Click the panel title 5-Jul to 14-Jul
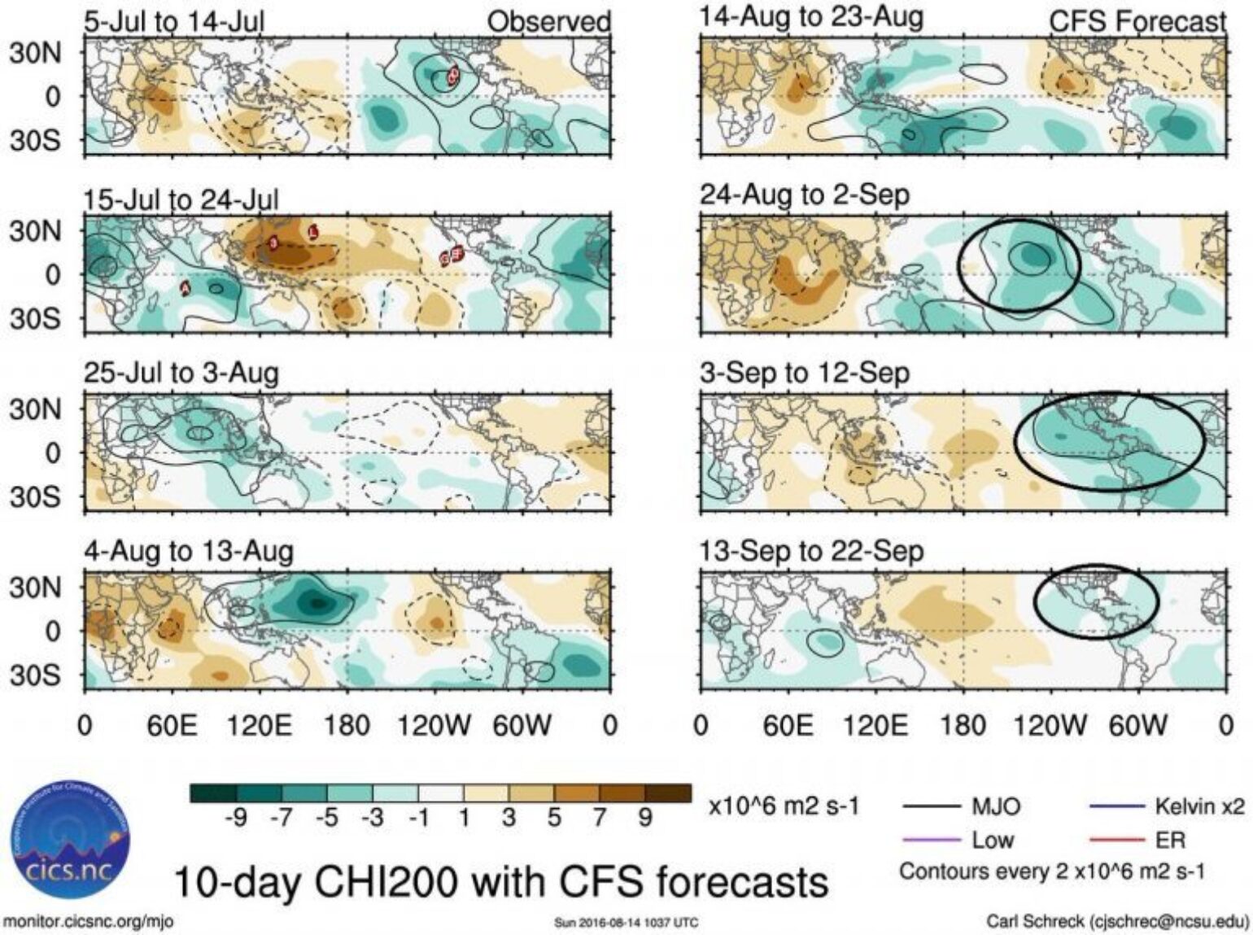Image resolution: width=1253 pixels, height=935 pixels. (174, 21)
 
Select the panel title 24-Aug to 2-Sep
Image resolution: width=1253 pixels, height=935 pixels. (805, 195)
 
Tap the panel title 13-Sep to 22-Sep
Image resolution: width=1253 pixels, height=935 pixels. (811, 552)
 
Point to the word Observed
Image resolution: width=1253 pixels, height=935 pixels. (548, 22)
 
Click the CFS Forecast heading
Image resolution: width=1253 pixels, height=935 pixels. (1137, 22)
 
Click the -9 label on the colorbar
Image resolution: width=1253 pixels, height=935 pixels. (236, 818)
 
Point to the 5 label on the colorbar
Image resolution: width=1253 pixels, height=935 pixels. (553, 818)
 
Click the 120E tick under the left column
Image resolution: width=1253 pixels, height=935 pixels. (259, 725)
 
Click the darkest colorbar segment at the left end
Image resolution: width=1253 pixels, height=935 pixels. (212, 793)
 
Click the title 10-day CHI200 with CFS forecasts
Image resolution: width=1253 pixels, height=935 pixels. (501, 882)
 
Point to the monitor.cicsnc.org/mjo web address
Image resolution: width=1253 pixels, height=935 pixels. (88, 921)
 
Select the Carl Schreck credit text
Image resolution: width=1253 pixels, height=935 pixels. (1116, 921)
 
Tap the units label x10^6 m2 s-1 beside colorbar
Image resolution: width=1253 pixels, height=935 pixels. (784, 806)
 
